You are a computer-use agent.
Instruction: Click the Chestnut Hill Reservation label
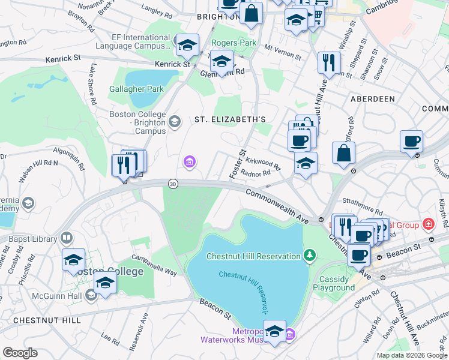(253, 256)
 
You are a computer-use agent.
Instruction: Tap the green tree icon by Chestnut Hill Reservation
(310, 256)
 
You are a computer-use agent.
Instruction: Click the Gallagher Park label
(136, 89)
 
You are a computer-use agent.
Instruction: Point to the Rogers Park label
(234, 43)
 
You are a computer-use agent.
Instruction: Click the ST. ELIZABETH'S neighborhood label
(230, 119)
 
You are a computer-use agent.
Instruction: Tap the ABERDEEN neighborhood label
(373, 98)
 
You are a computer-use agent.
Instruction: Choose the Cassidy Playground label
(334, 283)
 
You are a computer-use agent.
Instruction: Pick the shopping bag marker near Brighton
(252, 13)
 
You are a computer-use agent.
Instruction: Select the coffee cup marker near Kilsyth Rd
(411, 142)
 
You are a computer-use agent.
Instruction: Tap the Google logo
(20, 353)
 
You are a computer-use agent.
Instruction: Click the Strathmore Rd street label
(363, 211)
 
